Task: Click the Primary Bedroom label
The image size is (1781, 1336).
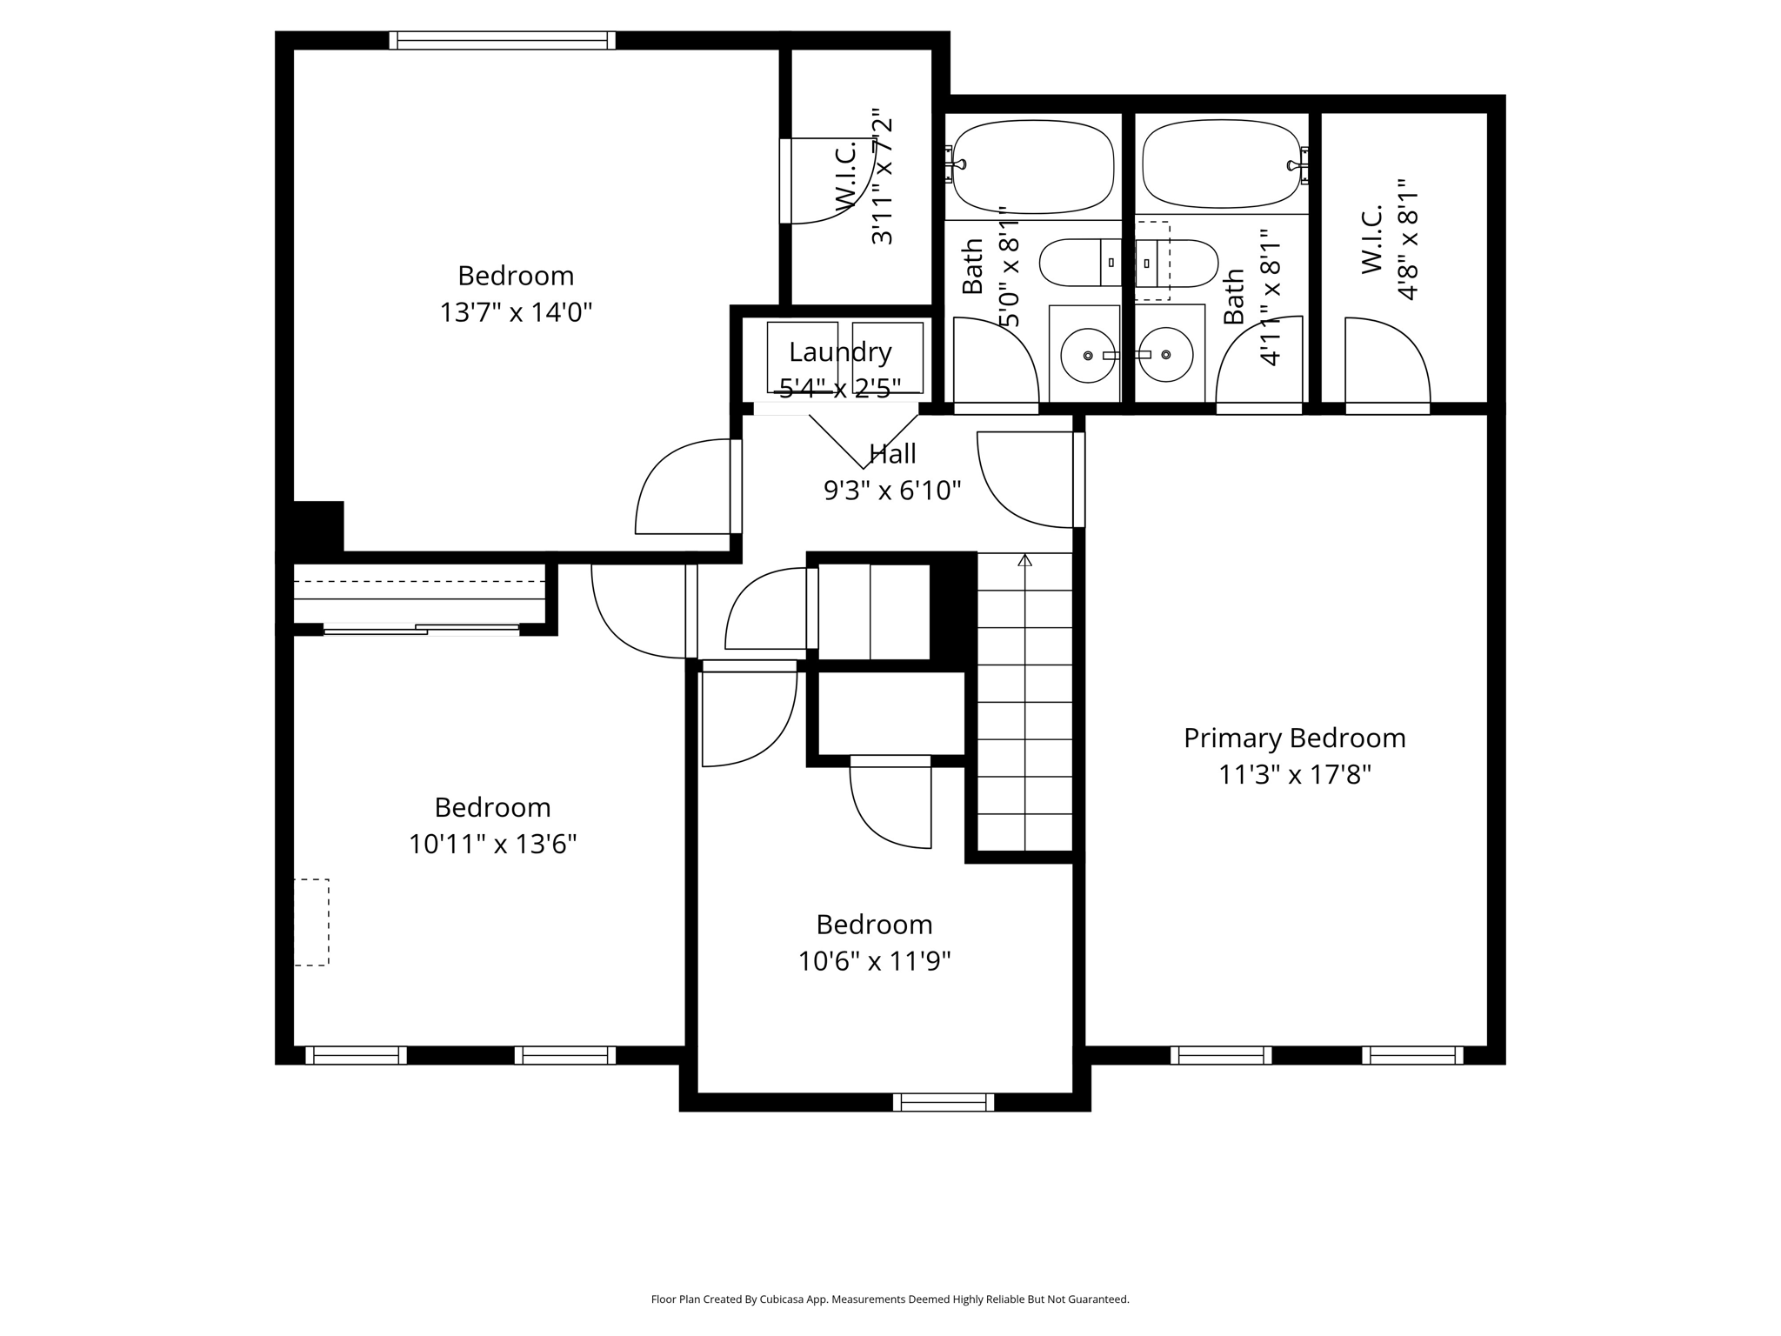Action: click(1294, 738)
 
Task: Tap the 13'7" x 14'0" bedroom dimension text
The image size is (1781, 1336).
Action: click(516, 312)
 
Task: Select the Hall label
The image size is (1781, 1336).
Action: click(892, 454)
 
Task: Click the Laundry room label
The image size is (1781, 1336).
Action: click(840, 352)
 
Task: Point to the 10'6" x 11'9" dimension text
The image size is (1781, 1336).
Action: click(874, 961)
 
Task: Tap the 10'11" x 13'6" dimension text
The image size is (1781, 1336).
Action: click(492, 844)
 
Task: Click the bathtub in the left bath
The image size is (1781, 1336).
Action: click(1033, 167)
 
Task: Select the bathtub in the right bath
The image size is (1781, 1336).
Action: click(1222, 165)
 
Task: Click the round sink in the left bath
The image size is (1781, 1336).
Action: click(1087, 355)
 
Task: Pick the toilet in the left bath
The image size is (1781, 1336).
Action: click(1078, 263)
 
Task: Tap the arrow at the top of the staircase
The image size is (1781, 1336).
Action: click(1024, 561)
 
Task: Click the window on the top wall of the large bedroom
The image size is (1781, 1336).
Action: click(502, 41)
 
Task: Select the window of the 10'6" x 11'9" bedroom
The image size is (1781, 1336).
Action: click(944, 1102)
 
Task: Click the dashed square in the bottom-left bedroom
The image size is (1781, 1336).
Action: click(310, 922)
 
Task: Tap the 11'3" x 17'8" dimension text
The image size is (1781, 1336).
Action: click(1294, 775)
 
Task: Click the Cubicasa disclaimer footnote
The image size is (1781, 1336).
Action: click(890, 1299)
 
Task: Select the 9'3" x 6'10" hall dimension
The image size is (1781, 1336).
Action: click(892, 491)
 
